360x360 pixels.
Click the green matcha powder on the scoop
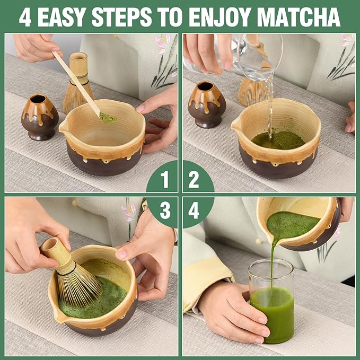108,118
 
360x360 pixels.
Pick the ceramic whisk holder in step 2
207,104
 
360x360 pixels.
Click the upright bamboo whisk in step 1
78,85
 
